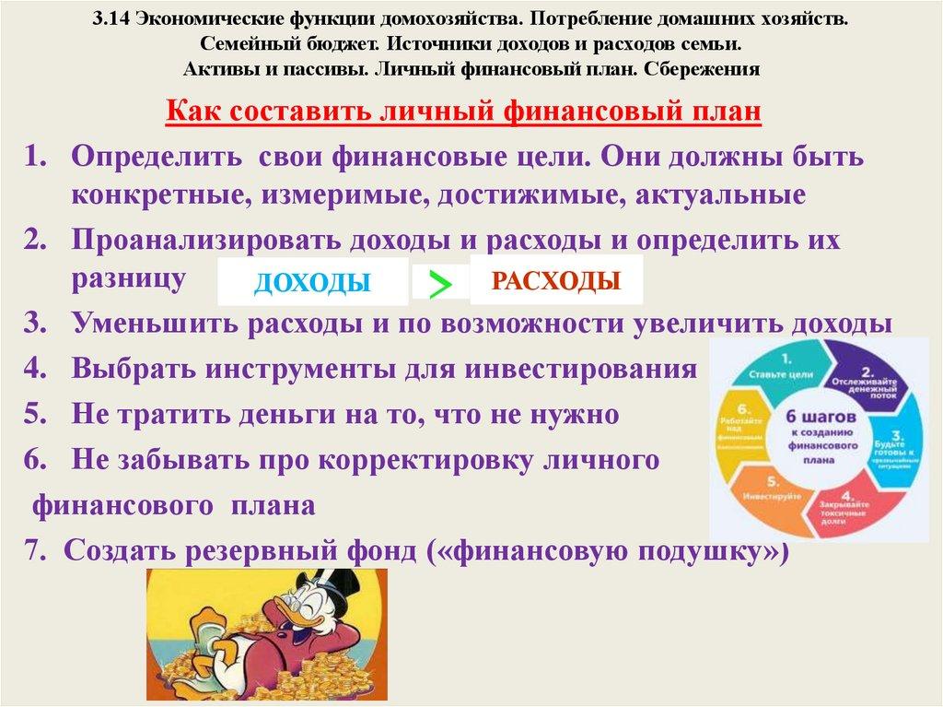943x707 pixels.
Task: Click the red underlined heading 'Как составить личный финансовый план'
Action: point(463,112)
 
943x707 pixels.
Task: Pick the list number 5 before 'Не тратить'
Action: point(35,414)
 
